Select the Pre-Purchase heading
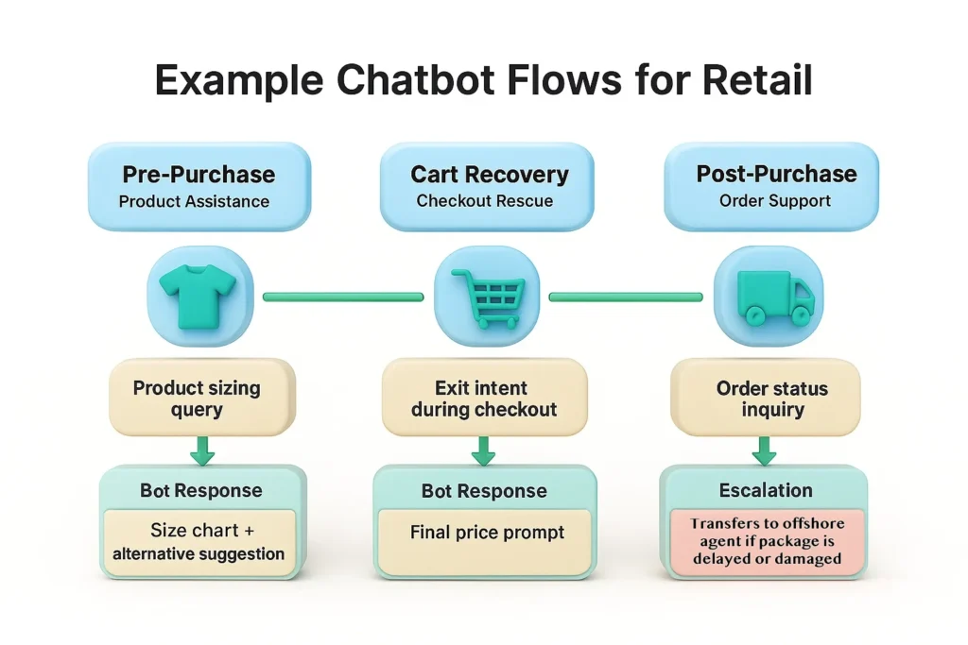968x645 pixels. [199, 175]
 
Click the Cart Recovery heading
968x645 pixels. [490, 175]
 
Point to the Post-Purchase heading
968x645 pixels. [776, 174]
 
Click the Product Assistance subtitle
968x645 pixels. [194, 201]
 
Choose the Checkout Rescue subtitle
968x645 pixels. [484, 201]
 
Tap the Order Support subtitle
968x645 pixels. [775, 200]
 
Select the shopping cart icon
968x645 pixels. [486, 296]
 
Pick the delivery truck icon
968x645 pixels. [772, 295]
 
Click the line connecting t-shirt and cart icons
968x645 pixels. [342, 297]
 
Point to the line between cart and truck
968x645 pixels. [626, 297]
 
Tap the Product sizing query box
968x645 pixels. [197, 399]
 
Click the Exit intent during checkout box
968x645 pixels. [484, 399]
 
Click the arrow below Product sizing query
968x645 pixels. [202, 452]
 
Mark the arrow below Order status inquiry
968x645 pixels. [764, 452]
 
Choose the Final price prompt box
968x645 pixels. [487, 533]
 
